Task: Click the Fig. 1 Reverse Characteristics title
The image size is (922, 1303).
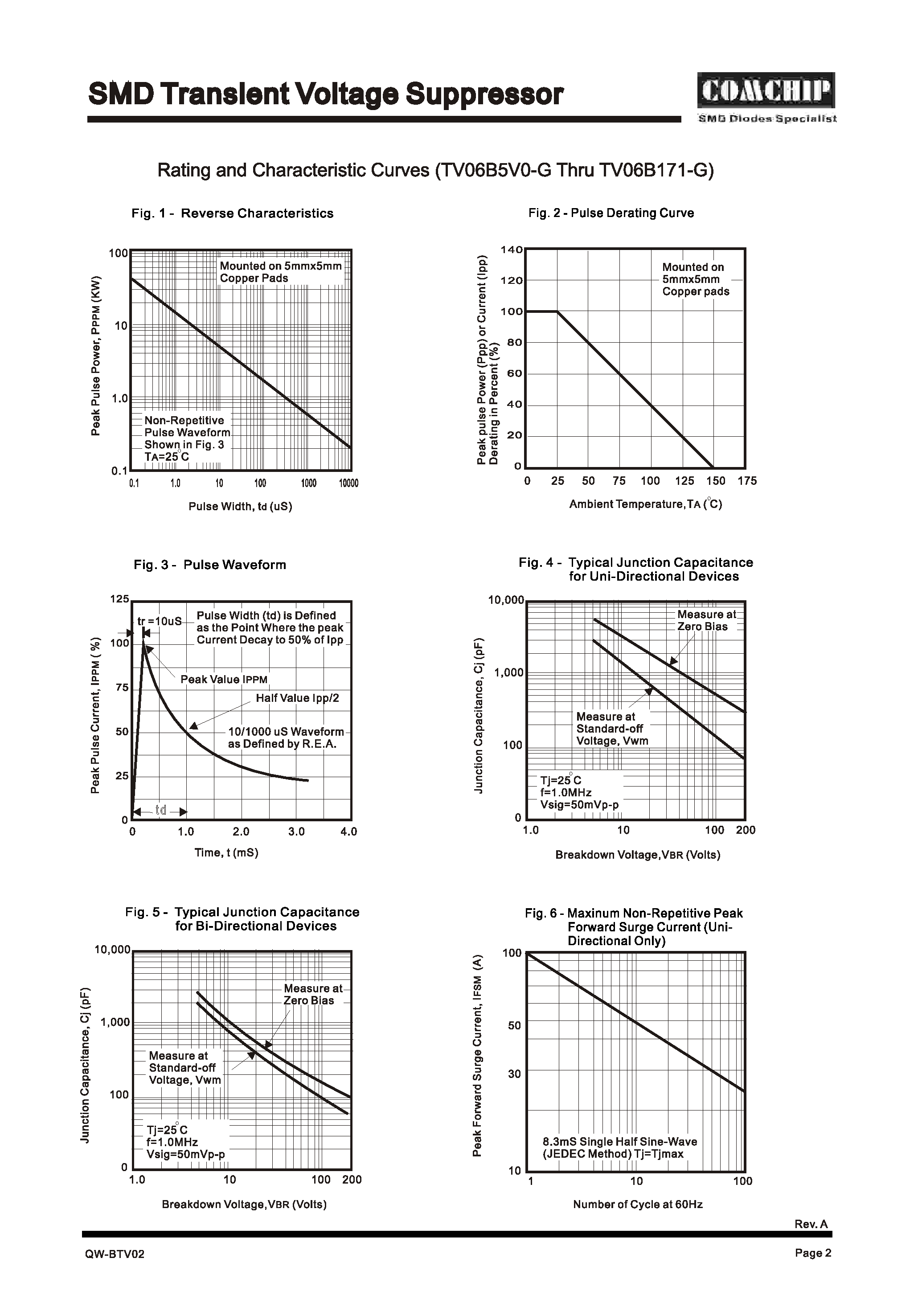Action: coord(232,213)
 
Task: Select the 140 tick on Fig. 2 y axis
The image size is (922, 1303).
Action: coord(511,250)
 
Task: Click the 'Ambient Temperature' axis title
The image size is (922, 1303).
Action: coord(645,504)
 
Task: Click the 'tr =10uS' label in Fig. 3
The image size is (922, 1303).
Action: coord(160,621)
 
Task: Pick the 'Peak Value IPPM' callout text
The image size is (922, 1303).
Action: coord(224,680)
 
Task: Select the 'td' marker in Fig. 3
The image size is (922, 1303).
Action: coord(161,810)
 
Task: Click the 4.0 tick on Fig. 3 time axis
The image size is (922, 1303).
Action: coord(348,832)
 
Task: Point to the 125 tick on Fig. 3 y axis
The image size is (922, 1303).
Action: coord(119,599)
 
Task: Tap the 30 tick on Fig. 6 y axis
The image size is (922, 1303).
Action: coord(514,1074)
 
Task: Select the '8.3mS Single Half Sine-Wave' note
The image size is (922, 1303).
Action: coord(619,1142)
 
